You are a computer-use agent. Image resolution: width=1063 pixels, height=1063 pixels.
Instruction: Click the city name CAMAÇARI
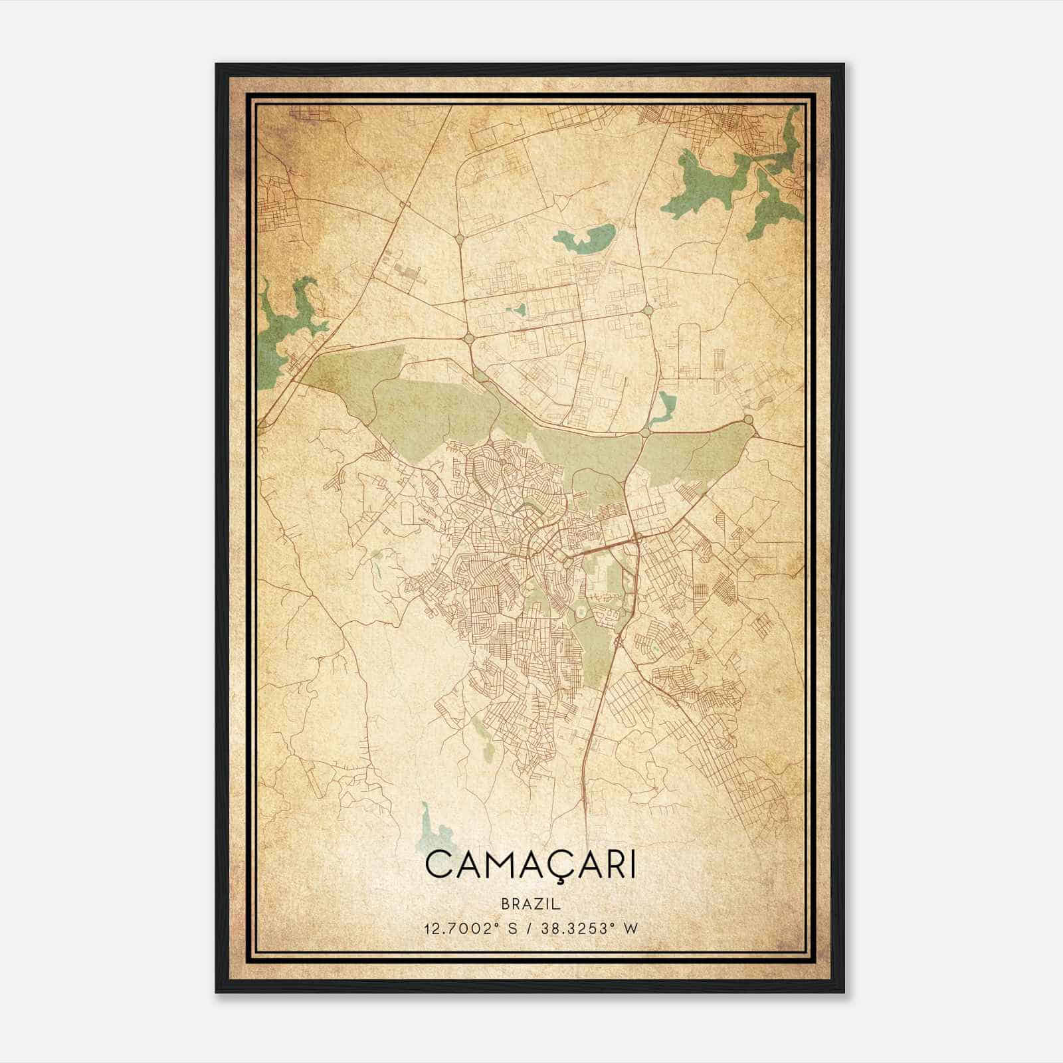530,864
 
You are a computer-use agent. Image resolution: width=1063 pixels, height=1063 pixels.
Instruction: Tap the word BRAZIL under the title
530,904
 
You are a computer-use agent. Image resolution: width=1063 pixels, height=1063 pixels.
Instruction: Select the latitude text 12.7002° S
470,929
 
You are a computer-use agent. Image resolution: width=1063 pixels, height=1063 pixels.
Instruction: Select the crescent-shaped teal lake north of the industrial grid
585,237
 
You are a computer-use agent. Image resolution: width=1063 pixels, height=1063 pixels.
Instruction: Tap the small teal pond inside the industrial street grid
516,310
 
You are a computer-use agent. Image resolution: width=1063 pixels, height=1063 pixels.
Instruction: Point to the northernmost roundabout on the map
459,238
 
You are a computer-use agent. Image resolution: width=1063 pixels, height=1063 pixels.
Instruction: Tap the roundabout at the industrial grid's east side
648,310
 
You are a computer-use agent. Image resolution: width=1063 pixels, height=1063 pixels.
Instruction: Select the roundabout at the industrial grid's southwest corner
469,338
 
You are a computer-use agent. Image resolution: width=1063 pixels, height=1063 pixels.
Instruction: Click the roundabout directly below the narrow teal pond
645,433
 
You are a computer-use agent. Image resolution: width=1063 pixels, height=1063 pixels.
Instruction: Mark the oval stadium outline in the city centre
581,609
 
